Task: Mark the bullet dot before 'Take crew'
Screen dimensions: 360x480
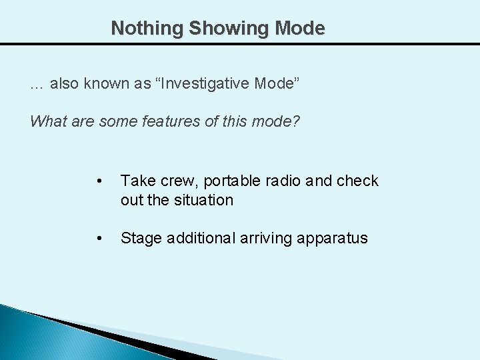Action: click(99, 181)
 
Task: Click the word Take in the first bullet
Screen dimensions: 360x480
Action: click(136, 181)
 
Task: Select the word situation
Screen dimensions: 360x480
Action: click(205, 200)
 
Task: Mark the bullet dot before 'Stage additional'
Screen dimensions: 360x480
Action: click(99, 239)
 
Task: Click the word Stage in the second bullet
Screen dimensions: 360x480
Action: click(139, 239)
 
